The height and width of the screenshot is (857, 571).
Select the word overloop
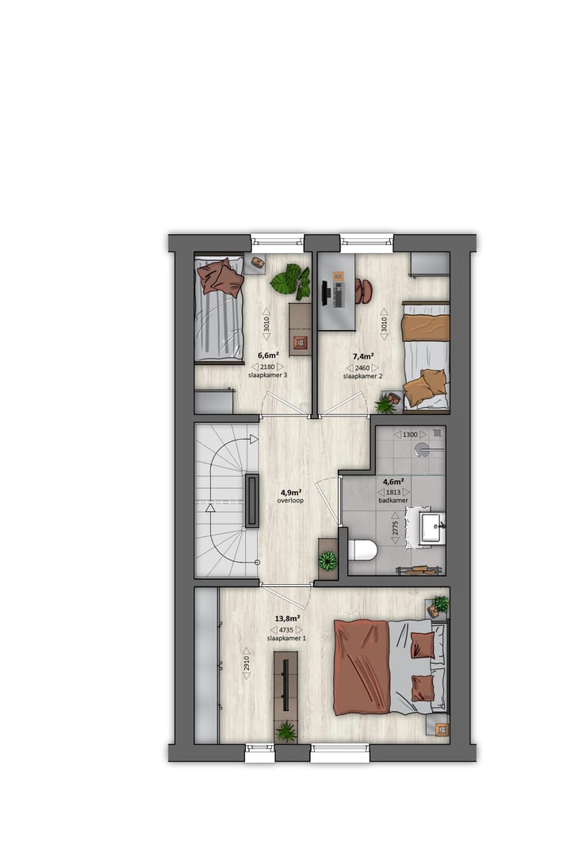pyautogui.click(x=291, y=501)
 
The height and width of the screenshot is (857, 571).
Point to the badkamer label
pyautogui.click(x=393, y=501)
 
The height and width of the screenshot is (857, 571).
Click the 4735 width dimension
pyautogui.click(x=286, y=628)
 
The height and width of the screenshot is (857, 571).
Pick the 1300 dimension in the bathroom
pyautogui.click(x=410, y=434)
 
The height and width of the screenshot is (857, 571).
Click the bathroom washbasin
pyautogui.click(x=431, y=527)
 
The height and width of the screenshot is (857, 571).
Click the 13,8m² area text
pyautogui.click(x=286, y=618)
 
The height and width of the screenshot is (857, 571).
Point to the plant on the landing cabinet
pyautogui.click(x=327, y=561)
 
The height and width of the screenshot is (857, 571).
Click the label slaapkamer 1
pyautogui.click(x=286, y=638)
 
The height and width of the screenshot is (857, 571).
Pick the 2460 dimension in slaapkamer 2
pyautogui.click(x=362, y=367)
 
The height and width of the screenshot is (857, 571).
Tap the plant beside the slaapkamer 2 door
pyautogui.click(x=385, y=405)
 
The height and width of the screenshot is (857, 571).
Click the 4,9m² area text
pyautogui.click(x=291, y=491)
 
